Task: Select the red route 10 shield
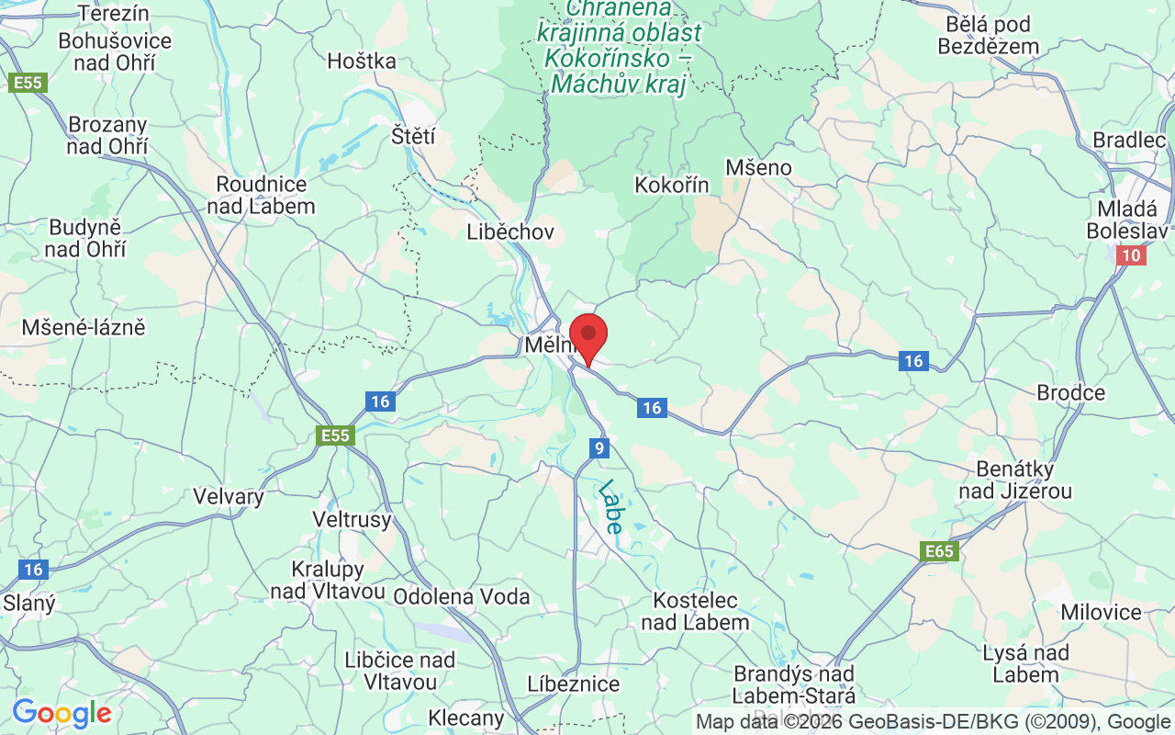click(x=1132, y=255)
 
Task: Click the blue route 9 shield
click(x=599, y=448)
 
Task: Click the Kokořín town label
click(x=672, y=185)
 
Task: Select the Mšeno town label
click(x=758, y=167)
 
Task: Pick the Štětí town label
click(x=413, y=136)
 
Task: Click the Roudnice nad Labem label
click(x=261, y=195)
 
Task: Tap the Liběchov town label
click(x=510, y=232)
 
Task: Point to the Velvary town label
click(x=229, y=496)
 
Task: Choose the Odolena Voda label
click(x=461, y=596)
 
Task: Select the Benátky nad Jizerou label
click(x=1015, y=480)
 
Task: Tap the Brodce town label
click(x=1070, y=392)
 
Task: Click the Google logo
click(x=62, y=713)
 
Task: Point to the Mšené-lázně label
click(x=84, y=327)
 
